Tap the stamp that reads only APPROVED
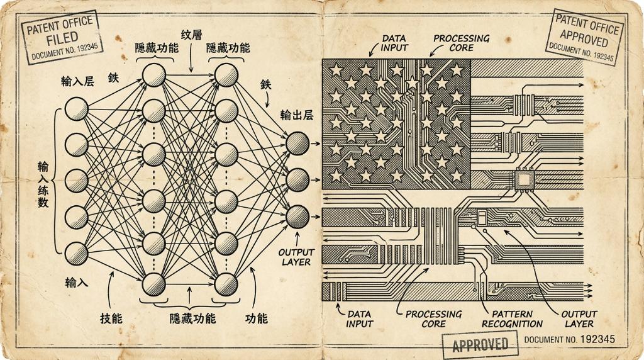(480, 345)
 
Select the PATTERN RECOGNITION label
(512, 319)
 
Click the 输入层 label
(77, 81)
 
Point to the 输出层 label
(297, 115)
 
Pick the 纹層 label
(191, 35)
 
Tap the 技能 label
(111, 318)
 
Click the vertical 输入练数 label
(43, 184)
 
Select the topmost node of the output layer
(297, 143)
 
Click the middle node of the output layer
(297, 180)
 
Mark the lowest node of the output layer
(297, 217)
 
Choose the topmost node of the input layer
(76, 109)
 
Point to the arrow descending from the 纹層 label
(191, 57)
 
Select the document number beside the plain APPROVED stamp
(570, 339)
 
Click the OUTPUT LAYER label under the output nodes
(296, 257)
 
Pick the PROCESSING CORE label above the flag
(461, 43)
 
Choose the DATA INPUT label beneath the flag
(359, 319)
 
